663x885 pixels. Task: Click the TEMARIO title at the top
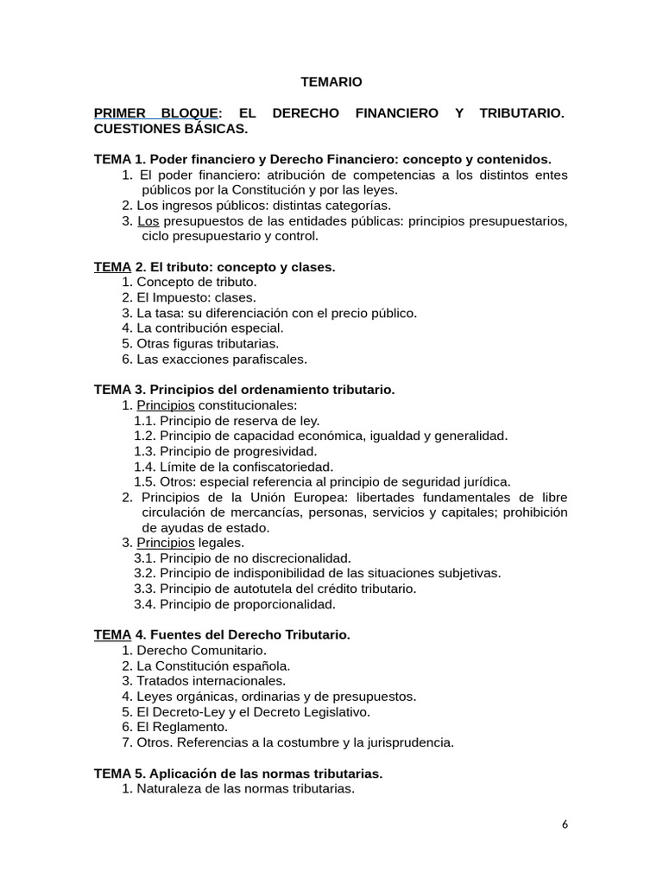(x=331, y=82)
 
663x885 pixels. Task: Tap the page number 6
(x=565, y=824)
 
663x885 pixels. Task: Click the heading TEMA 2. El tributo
(x=214, y=267)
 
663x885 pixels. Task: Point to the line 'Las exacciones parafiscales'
(x=221, y=359)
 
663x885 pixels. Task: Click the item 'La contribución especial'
(x=210, y=328)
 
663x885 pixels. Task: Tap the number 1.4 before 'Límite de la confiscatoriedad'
(x=145, y=467)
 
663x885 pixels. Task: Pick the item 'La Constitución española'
(x=213, y=665)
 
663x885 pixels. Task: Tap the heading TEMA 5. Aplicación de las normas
(x=238, y=773)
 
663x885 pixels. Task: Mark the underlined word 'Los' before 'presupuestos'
(x=148, y=220)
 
